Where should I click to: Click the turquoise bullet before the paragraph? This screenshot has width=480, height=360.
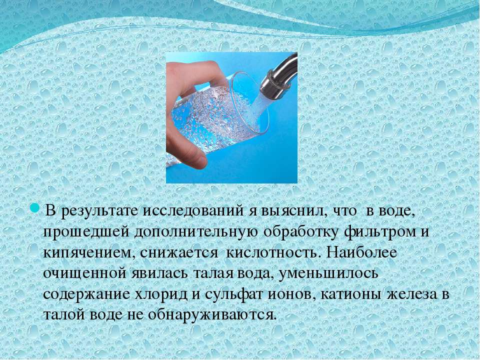point(34,209)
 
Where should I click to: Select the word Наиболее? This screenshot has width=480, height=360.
point(361,252)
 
